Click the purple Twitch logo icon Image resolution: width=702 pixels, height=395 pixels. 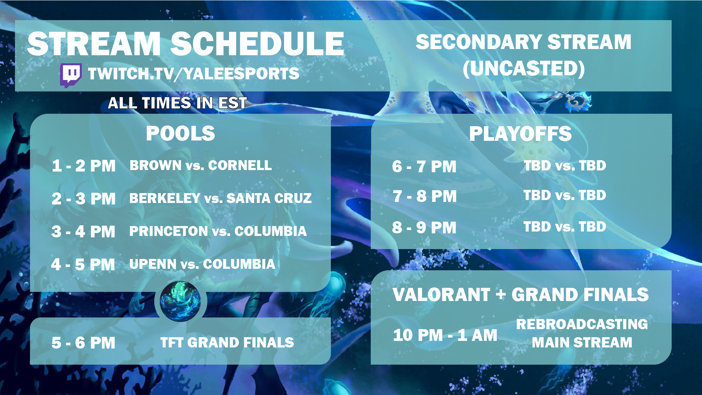point(71,75)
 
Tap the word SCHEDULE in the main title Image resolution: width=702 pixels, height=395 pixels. point(257,44)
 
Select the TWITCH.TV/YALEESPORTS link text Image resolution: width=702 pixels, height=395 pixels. point(193,74)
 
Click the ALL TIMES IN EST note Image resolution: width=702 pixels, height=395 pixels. point(177,103)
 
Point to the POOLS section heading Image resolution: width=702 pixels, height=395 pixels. point(180,133)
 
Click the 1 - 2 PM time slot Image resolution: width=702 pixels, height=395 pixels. point(84,166)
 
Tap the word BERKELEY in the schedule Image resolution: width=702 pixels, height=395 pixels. point(165,198)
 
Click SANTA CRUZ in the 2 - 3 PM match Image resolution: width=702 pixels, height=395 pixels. point(269,198)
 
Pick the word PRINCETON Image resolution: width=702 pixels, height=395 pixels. point(169,231)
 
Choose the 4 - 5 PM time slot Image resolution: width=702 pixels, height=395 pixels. point(83,264)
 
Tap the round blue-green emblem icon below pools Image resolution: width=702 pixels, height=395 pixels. point(180,301)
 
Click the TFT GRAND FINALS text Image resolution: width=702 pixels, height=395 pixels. point(227,343)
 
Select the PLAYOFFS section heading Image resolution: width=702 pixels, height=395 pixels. point(520,134)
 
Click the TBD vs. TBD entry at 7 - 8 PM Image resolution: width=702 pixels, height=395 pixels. point(565,195)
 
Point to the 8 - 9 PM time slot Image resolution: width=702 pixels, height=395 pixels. point(424,227)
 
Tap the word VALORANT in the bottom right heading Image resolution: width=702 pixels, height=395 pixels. point(441,295)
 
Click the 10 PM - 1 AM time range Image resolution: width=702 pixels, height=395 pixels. point(445,335)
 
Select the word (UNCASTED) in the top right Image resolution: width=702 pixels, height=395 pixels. point(524,69)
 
